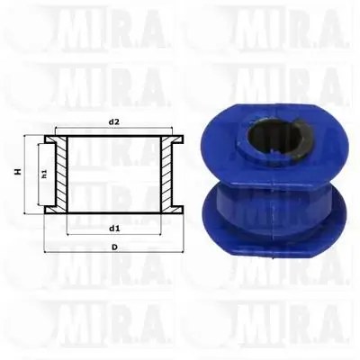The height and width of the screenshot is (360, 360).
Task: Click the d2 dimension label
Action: (x=114, y=121)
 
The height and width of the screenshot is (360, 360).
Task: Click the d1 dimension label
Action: (x=114, y=229)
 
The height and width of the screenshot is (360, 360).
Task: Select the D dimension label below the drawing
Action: (x=114, y=247)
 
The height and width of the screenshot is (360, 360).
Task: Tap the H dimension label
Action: (x=18, y=172)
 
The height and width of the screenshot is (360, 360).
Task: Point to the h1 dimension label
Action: (x=44, y=174)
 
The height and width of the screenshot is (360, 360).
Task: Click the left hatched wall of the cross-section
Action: (x=61, y=174)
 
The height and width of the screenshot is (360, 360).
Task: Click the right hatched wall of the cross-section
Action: (x=166, y=174)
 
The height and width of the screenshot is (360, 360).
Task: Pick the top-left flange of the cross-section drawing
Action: (x=50, y=139)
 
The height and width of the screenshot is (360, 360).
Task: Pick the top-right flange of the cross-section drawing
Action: (x=177, y=139)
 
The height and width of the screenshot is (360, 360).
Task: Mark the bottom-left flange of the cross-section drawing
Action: (x=50, y=210)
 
